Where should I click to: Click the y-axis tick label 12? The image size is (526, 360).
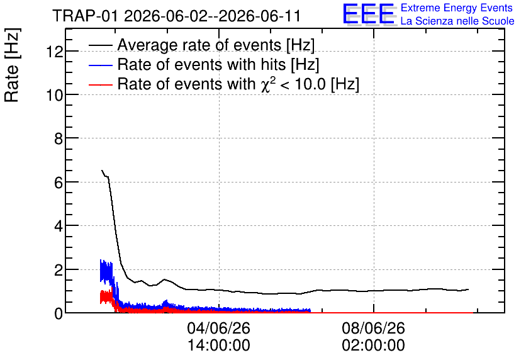(54, 52)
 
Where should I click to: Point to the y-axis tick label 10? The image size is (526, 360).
(54, 95)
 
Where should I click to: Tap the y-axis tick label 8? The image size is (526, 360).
(59, 138)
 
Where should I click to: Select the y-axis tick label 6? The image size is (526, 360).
(59, 183)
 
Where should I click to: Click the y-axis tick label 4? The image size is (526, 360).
(59, 226)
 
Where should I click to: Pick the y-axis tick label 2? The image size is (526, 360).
(59, 270)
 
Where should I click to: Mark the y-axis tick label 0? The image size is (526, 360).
(59, 313)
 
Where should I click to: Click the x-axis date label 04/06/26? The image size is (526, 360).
(219, 328)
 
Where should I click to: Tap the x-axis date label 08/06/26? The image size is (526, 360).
(373, 328)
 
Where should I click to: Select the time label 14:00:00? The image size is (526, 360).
(219, 346)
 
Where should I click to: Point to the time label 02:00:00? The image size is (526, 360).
(373, 346)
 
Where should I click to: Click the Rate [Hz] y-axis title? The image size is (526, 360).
(12, 65)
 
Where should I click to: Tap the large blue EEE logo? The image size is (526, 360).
(369, 14)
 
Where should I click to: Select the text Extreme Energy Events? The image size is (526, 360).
(457, 8)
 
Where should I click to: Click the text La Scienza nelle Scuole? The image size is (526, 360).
(457, 21)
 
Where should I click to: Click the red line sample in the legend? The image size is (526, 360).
(100, 85)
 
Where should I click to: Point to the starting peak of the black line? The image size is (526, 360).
(102, 171)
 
